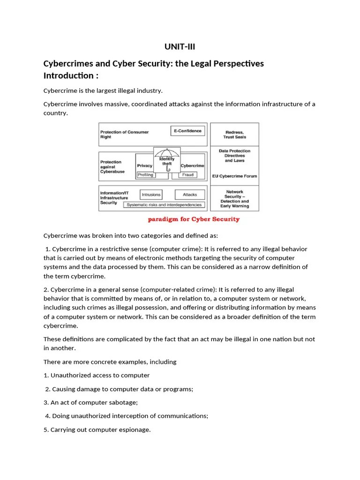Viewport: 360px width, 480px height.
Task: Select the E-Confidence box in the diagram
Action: pyautogui.click(x=187, y=131)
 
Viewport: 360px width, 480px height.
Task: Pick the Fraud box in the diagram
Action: pyautogui.click(x=188, y=174)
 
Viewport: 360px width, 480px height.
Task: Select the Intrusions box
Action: pyautogui.click(x=151, y=195)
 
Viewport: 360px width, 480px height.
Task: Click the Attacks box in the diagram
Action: pyautogui.click(x=190, y=195)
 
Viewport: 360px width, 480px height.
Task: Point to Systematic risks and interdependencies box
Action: pyautogui.click(x=164, y=205)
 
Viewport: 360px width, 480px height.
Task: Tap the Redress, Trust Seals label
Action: pyautogui.click(x=234, y=135)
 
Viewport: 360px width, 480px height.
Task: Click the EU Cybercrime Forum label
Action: pyautogui.click(x=234, y=176)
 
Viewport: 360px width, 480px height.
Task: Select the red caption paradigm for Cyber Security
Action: pyautogui.click(x=194, y=219)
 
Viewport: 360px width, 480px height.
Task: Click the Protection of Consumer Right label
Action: pyautogui.click(x=125, y=135)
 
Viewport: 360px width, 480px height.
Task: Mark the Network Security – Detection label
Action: pyautogui.click(x=234, y=199)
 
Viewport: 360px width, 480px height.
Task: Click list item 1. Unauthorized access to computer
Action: pyautogui.click(x=97, y=375)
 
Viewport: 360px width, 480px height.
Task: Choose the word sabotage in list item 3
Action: pyautogui.click(x=124, y=402)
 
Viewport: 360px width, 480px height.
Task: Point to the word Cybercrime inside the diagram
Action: pyautogui.click(x=192, y=165)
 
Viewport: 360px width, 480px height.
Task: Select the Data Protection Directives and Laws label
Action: pyautogui.click(x=234, y=156)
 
